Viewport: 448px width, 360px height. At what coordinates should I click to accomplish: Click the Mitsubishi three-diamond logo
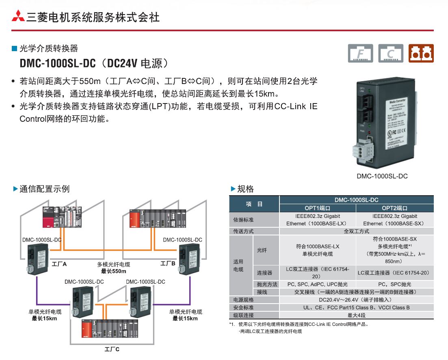(x=18, y=17)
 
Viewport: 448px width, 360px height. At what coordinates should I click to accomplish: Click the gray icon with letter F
(x=360, y=53)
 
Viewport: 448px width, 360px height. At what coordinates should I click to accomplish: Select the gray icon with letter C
(x=391, y=53)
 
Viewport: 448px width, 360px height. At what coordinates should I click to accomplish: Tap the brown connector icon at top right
(x=421, y=53)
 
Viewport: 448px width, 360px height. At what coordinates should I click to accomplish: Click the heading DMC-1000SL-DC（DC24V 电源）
(x=93, y=64)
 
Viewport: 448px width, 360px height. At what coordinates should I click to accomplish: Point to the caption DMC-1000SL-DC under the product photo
(x=382, y=176)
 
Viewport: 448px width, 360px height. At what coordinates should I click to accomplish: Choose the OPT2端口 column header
(x=394, y=208)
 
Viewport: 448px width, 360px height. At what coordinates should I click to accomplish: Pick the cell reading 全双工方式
(x=356, y=231)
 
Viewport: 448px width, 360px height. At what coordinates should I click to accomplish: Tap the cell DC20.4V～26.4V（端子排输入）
(x=356, y=300)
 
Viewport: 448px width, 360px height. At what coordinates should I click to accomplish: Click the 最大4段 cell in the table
(x=356, y=315)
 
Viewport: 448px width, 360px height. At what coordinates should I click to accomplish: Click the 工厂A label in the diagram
(x=59, y=264)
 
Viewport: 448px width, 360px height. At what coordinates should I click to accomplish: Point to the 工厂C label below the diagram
(x=112, y=349)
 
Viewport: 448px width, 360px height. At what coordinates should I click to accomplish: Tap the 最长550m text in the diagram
(x=113, y=271)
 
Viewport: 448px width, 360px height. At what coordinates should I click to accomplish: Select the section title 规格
(x=245, y=189)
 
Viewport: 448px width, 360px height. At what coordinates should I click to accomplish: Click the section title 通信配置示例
(x=44, y=189)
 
